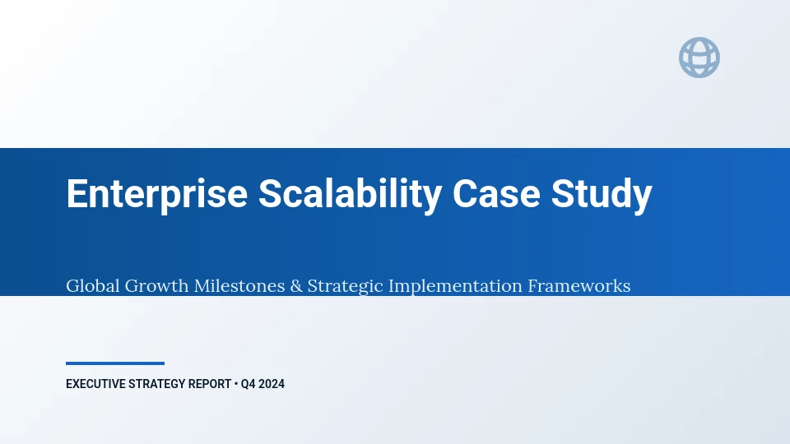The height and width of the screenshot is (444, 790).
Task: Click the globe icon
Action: coord(699,58)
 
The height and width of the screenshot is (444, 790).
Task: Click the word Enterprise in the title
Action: coord(156,194)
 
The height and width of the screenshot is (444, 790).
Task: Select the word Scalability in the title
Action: coord(351,194)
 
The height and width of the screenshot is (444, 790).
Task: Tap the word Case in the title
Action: coord(496,194)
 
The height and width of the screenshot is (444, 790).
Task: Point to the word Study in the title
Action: coord(602,195)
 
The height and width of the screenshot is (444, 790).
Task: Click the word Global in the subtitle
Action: coord(93,285)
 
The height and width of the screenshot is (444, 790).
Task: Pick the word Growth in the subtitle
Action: coord(156,285)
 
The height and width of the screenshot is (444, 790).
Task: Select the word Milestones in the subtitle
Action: coord(239,285)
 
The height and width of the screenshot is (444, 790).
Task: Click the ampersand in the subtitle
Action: coord(296,286)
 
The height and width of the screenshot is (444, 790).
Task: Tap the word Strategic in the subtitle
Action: coord(345,286)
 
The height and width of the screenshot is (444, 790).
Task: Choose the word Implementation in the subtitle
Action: coord(455,286)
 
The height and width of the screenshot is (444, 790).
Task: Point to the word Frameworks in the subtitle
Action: coord(579,285)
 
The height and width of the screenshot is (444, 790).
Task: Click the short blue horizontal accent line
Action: coord(115,363)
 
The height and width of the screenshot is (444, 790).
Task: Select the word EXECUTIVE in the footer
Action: coord(95,384)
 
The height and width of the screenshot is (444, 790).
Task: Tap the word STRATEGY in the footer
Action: coord(156,384)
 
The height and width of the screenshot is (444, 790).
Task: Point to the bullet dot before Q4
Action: coord(236,384)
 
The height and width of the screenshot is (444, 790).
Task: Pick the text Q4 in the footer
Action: coord(248,384)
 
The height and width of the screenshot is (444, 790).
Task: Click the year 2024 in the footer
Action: coord(272,384)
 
